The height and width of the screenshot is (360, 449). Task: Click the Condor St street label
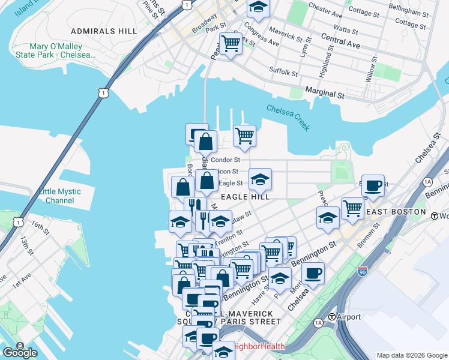click(226, 160)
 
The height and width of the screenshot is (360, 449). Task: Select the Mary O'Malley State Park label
click(62, 50)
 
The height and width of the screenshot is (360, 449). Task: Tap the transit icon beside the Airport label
click(331, 317)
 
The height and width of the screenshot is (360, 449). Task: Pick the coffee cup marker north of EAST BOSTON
click(373, 185)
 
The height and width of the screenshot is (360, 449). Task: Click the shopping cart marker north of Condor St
click(244, 136)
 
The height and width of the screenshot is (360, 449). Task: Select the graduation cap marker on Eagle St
click(260, 179)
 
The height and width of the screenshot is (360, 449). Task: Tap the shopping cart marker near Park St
click(231, 43)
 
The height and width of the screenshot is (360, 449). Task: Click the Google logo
click(19, 352)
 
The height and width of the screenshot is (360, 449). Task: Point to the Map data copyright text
click(412, 355)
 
